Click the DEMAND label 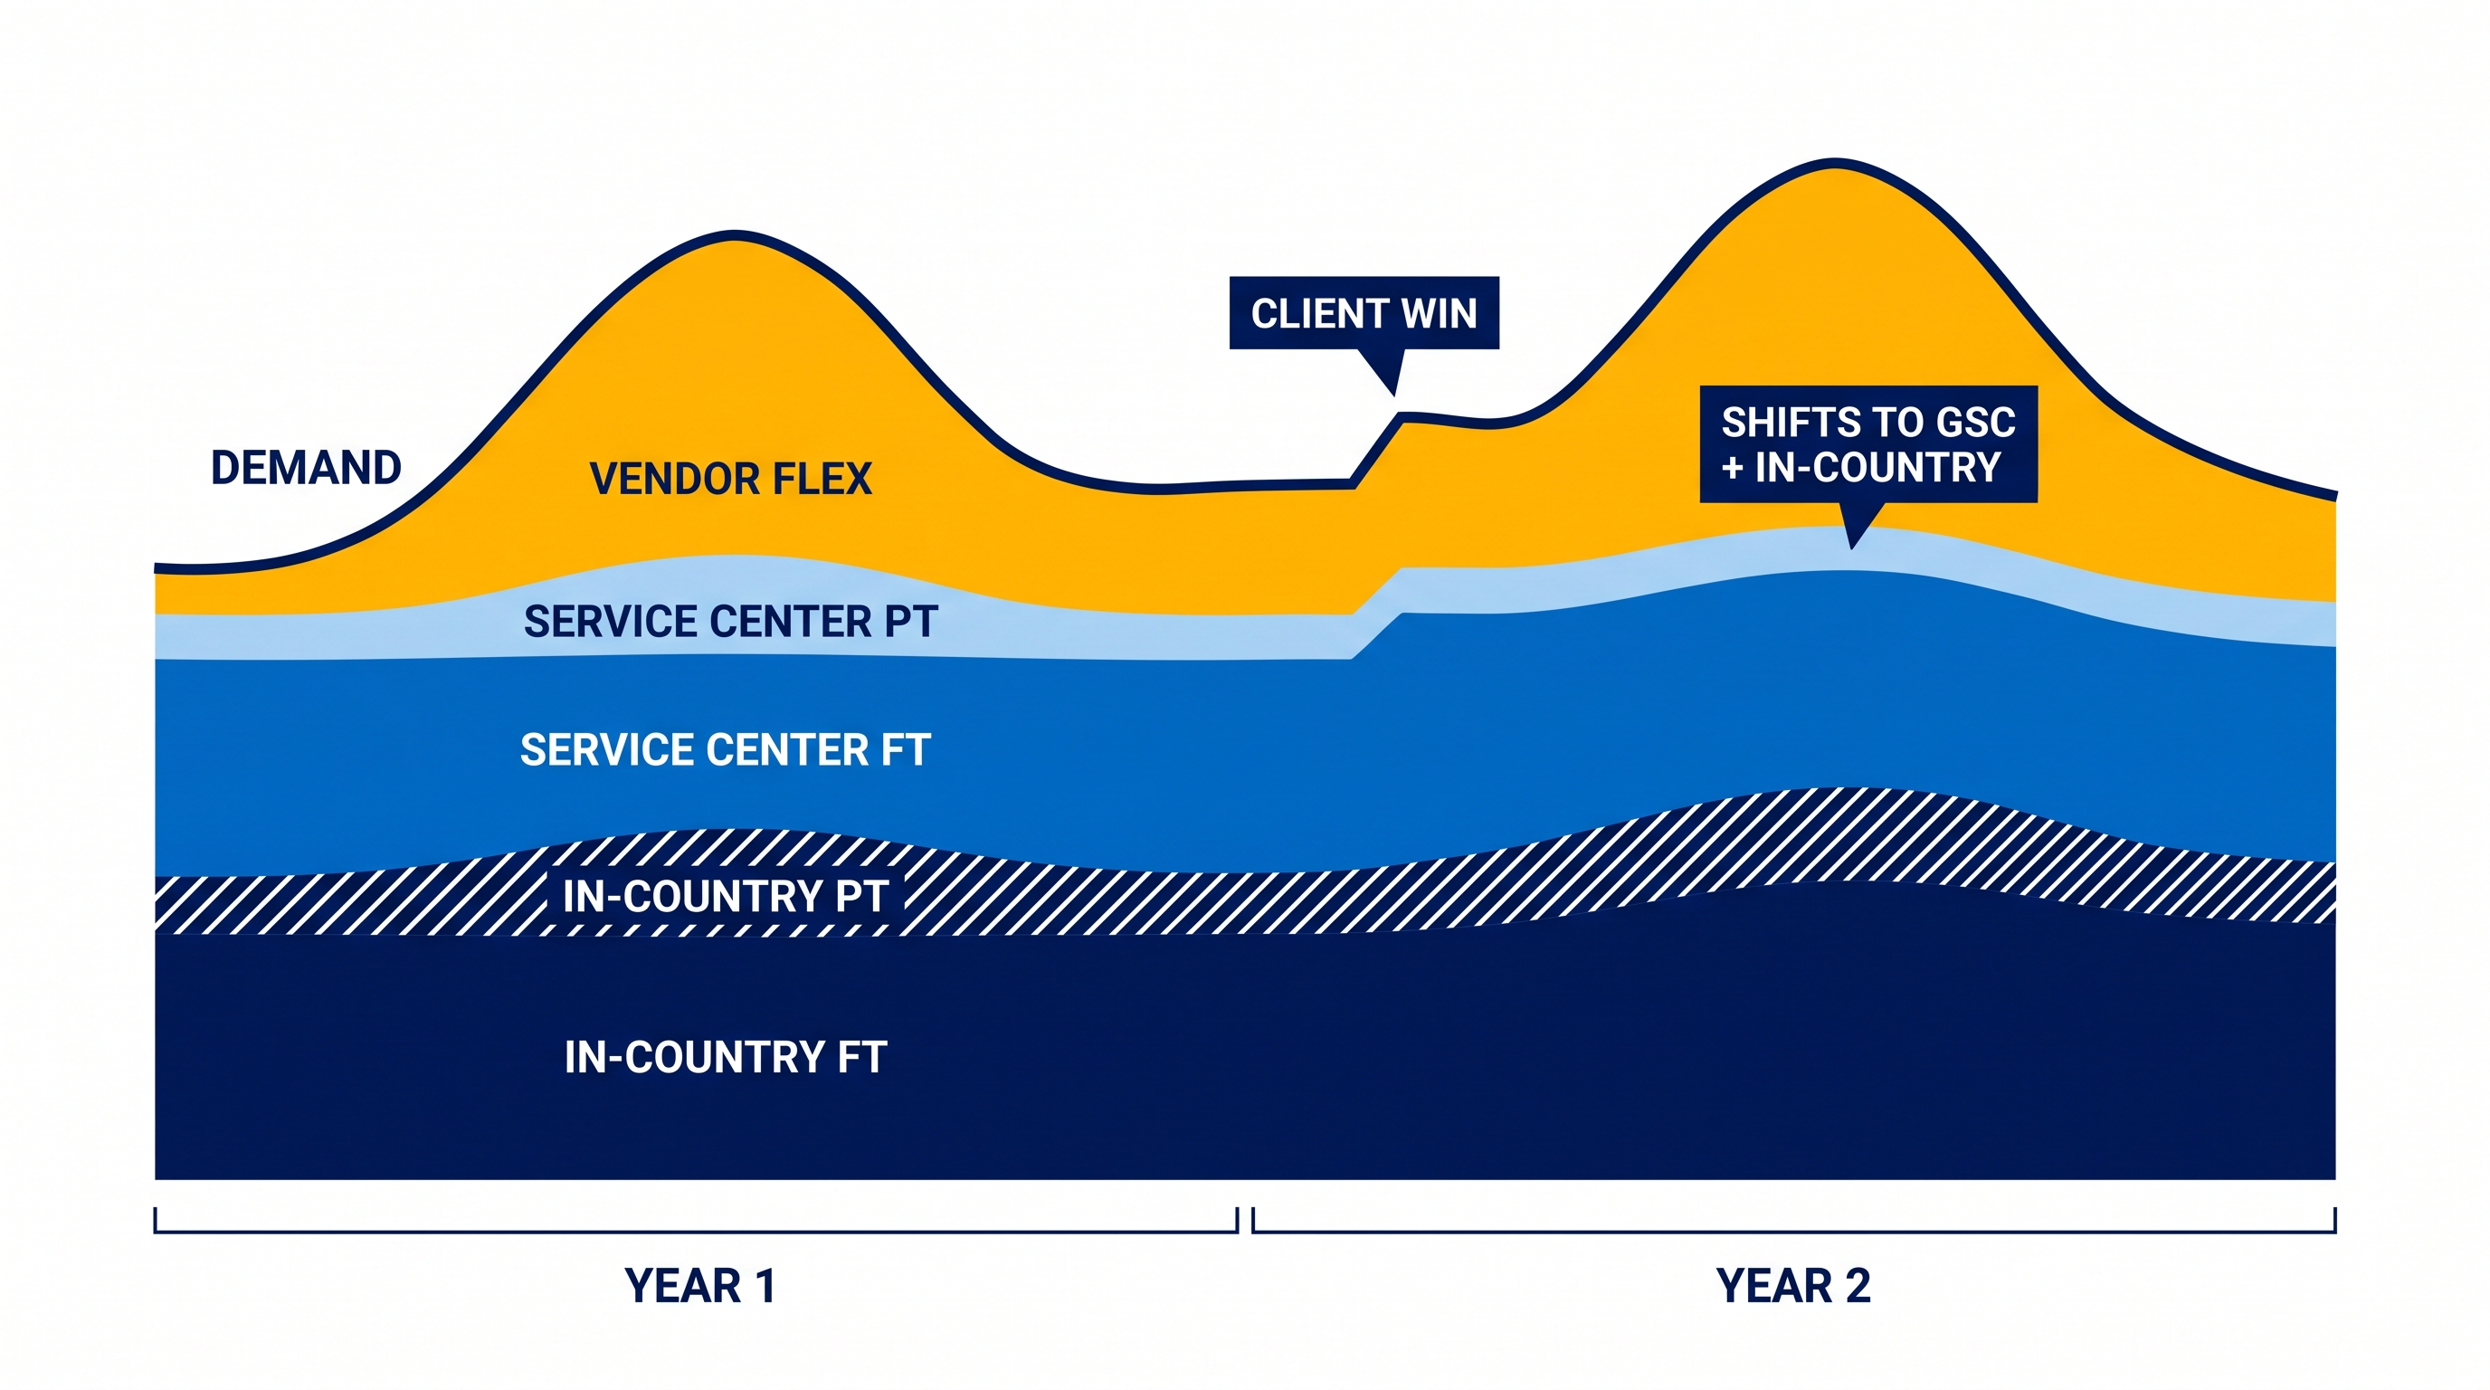pyautogui.click(x=307, y=468)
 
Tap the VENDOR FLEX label pyautogui.click(x=731, y=480)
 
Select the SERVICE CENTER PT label pyautogui.click(x=731, y=622)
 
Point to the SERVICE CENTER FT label pyautogui.click(x=725, y=750)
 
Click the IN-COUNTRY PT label pyautogui.click(x=726, y=897)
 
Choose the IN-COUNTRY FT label pyautogui.click(x=726, y=1058)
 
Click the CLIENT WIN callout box pyautogui.click(x=1364, y=313)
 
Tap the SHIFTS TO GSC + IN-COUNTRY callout pyautogui.click(x=1868, y=444)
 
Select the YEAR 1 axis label pyautogui.click(x=699, y=1287)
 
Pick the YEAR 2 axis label pyautogui.click(x=1793, y=1287)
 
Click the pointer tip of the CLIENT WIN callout pyautogui.click(x=1395, y=395)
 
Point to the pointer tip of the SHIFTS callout pyautogui.click(x=1852, y=548)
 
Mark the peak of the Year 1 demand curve pyautogui.click(x=735, y=235)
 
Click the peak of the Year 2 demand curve pyautogui.click(x=1835, y=161)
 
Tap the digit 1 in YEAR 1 pyautogui.click(x=765, y=1287)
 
